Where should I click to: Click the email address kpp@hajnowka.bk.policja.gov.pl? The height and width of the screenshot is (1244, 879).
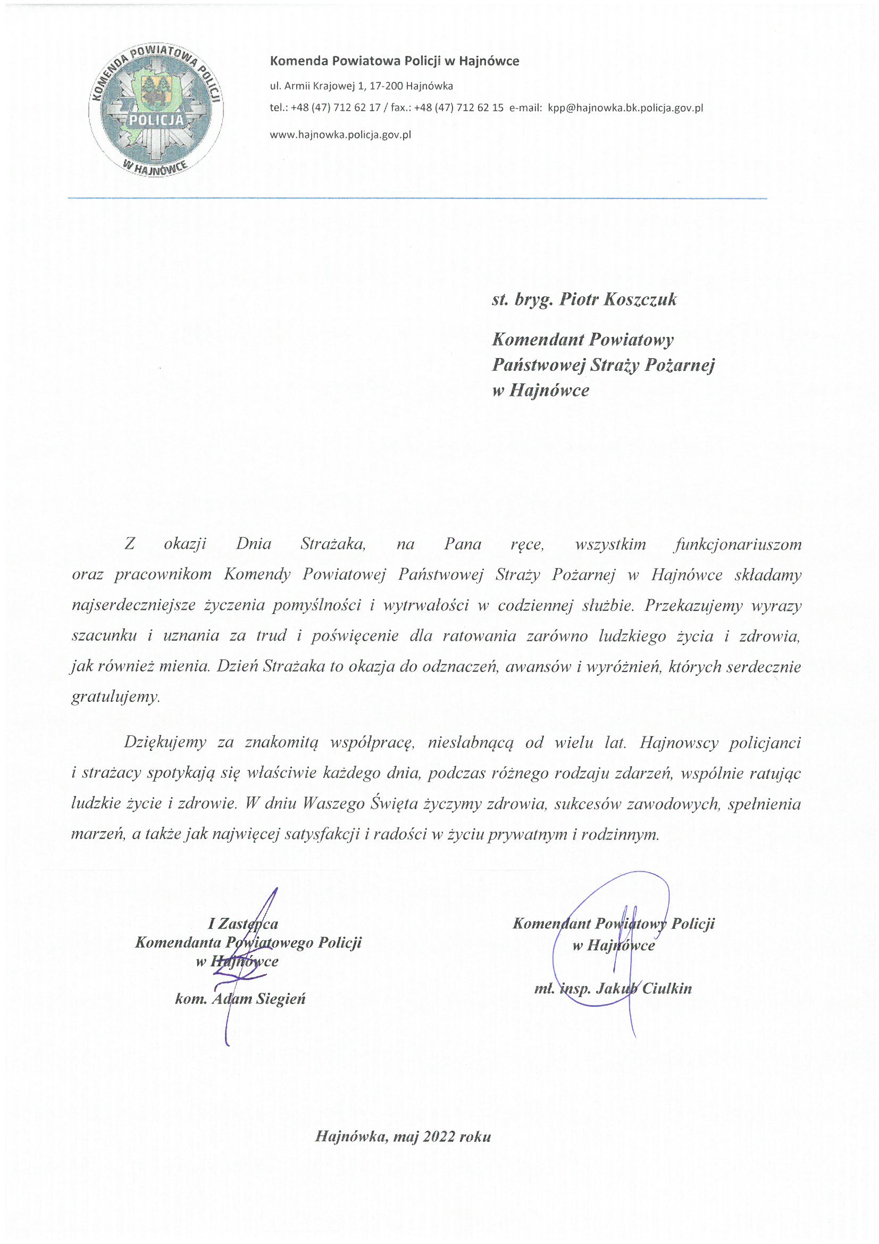click(625, 108)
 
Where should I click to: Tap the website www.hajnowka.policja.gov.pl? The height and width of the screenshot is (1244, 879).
click(340, 135)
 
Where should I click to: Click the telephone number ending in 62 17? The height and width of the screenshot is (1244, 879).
click(336, 108)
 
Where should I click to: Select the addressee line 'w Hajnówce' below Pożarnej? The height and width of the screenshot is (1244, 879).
click(540, 390)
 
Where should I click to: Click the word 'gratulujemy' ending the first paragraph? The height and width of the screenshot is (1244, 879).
click(115, 697)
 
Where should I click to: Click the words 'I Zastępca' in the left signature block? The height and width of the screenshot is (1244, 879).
click(243, 923)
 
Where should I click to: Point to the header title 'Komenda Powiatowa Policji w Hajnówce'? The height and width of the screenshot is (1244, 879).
click(394, 61)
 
